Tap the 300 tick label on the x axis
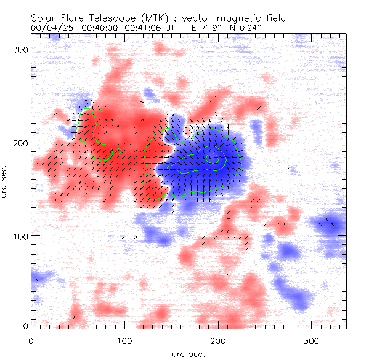click(311, 340)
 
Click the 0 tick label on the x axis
click(31, 340)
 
